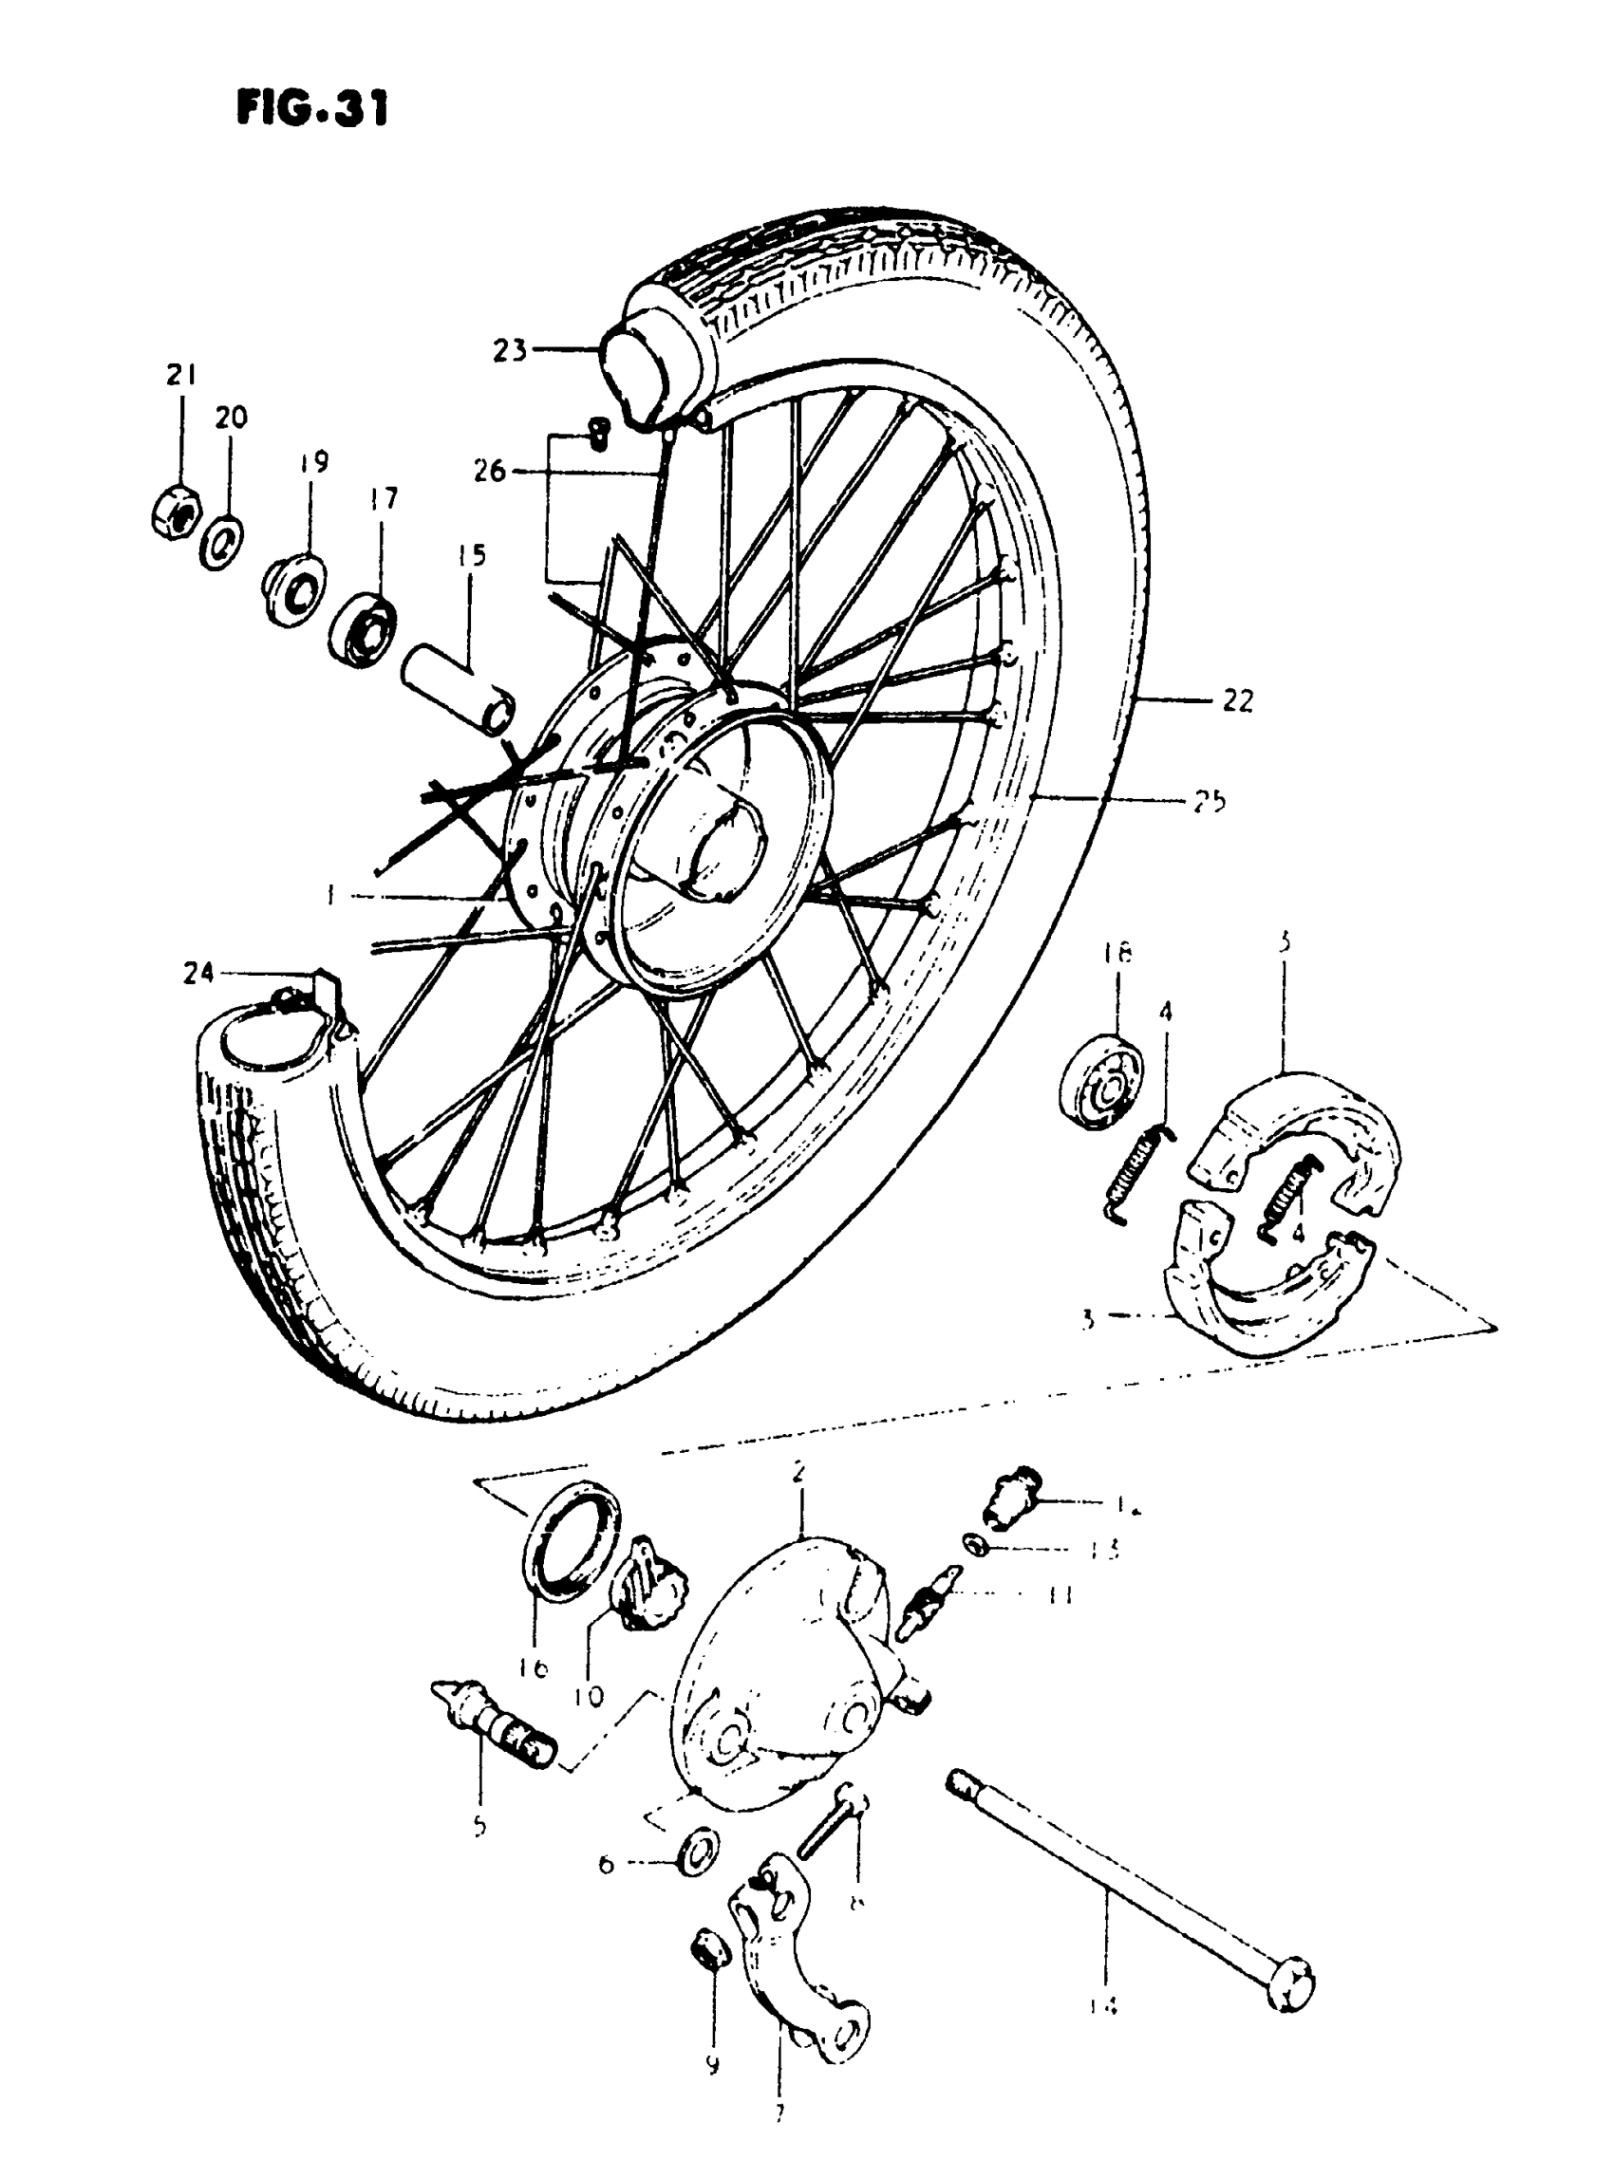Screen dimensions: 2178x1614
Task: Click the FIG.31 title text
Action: coord(312,108)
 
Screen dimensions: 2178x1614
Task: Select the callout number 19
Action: coord(313,462)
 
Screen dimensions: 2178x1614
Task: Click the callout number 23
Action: coord(510,349)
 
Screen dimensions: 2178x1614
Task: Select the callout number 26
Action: coord(490,472)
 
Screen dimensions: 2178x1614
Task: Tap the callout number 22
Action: coord(1237,701)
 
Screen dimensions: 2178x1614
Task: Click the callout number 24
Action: coord(198,974)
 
